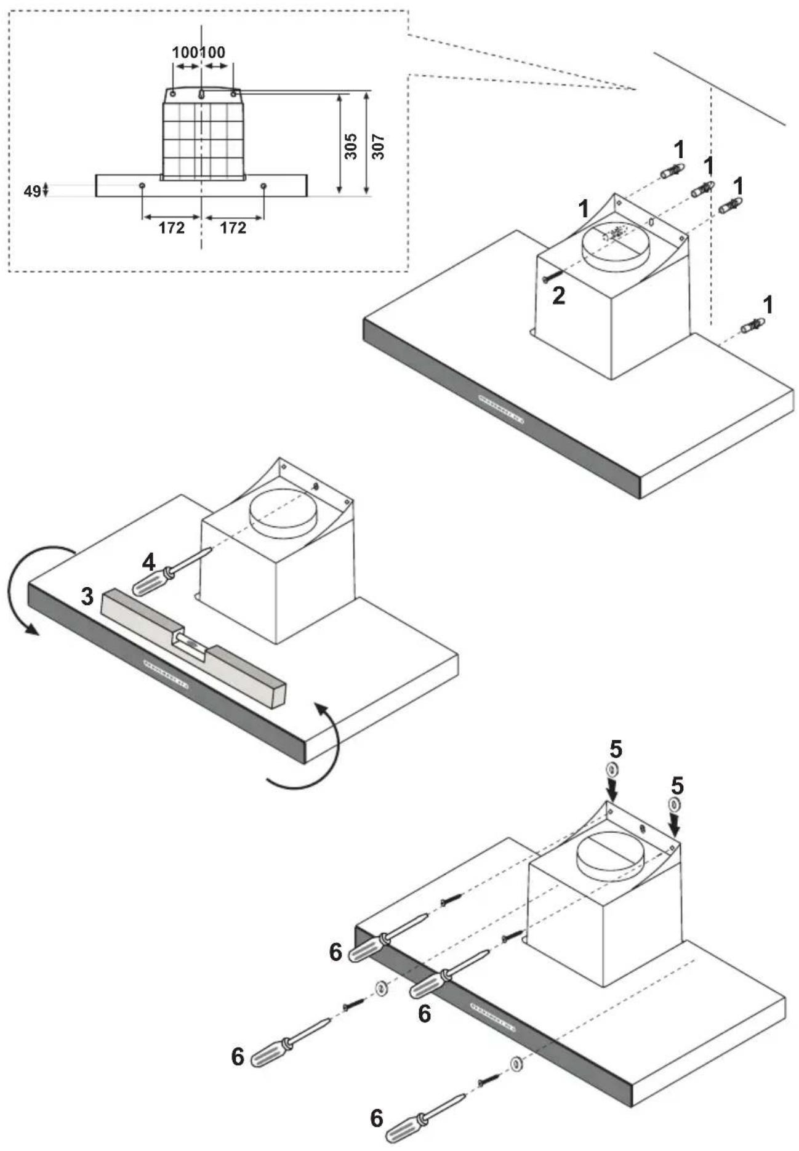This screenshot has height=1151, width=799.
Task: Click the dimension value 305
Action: pos(351,146)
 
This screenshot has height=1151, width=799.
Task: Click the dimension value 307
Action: pos(379,147)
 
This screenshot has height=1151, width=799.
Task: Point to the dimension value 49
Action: pos(32,191)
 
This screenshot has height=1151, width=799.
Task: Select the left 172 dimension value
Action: pos(171,228)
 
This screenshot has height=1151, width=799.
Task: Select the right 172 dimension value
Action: pos(233,228)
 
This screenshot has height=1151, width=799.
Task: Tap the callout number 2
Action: pos(558,296)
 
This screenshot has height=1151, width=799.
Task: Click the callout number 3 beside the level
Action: pos(87,596)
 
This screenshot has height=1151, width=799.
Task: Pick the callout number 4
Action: pos(149,562)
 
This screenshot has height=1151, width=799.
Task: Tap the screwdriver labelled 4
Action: pos(172,572)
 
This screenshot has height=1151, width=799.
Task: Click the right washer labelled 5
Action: pos(675,804)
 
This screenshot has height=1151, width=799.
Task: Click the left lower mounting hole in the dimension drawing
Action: pos(142,185)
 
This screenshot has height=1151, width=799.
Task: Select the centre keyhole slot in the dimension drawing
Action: pos(203,94)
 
